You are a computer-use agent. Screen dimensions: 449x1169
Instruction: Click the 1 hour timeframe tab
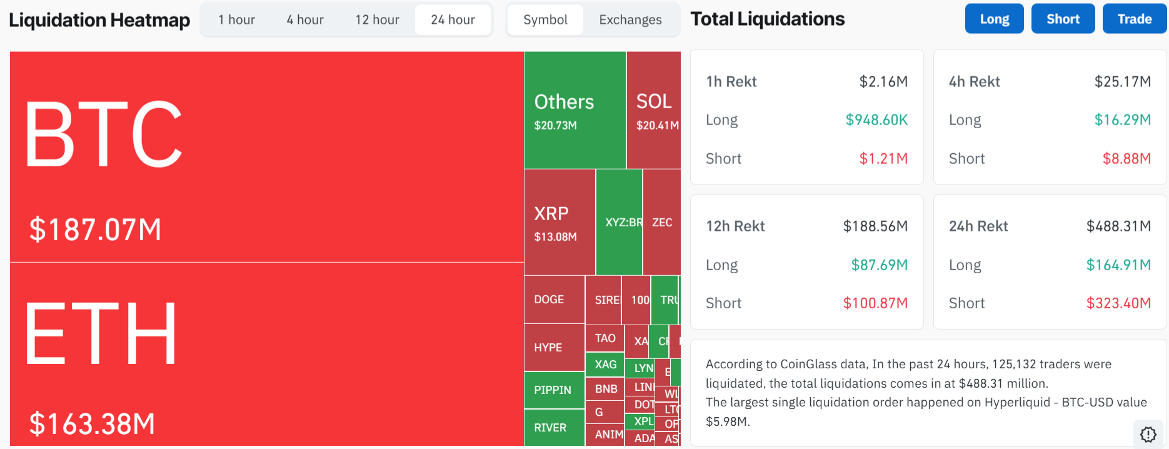click(236, 20)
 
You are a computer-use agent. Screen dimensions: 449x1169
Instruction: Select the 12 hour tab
click(377, 20)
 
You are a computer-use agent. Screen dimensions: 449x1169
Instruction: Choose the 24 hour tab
click(453, 20)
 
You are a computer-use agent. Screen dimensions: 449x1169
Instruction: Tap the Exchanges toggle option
click(630, 20)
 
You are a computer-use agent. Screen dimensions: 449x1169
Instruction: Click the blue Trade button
click(1134, 19)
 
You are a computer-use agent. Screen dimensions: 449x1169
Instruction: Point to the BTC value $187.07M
click(96, 230)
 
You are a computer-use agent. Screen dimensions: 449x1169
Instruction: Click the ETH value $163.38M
click(93, 424)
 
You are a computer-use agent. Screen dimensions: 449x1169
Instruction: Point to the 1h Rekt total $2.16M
click(883, 82)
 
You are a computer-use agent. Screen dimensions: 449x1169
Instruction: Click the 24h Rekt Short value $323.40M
click(1118, 303)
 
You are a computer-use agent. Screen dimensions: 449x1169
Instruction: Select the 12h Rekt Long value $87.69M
click(879, 265)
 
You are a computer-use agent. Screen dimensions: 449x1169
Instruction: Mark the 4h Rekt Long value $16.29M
click(1122, 120)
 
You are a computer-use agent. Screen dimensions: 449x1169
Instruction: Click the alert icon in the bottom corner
click(1148, 434)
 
